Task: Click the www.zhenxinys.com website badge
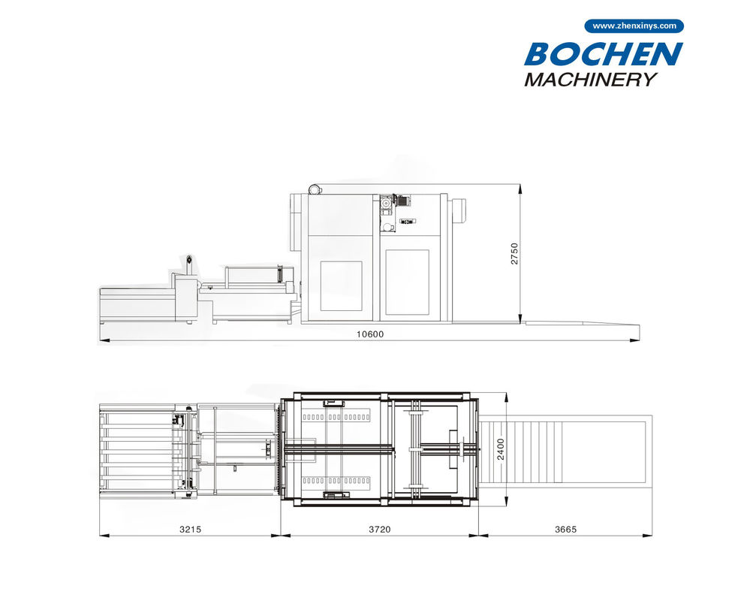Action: click(x=634, y=26)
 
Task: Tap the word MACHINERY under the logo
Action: click(x=591, y=80)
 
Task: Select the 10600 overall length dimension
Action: click(x=370, y=334)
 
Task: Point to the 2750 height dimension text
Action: click(x=514, y=254)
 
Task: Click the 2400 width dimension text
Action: click(x=501, y=449)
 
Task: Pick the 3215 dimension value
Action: click(x=190, y=529)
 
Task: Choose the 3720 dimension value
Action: click(x=380, y=529)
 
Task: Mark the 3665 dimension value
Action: click(x=565, y=529)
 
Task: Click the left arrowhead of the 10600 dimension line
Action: click(x=104, y=340)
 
